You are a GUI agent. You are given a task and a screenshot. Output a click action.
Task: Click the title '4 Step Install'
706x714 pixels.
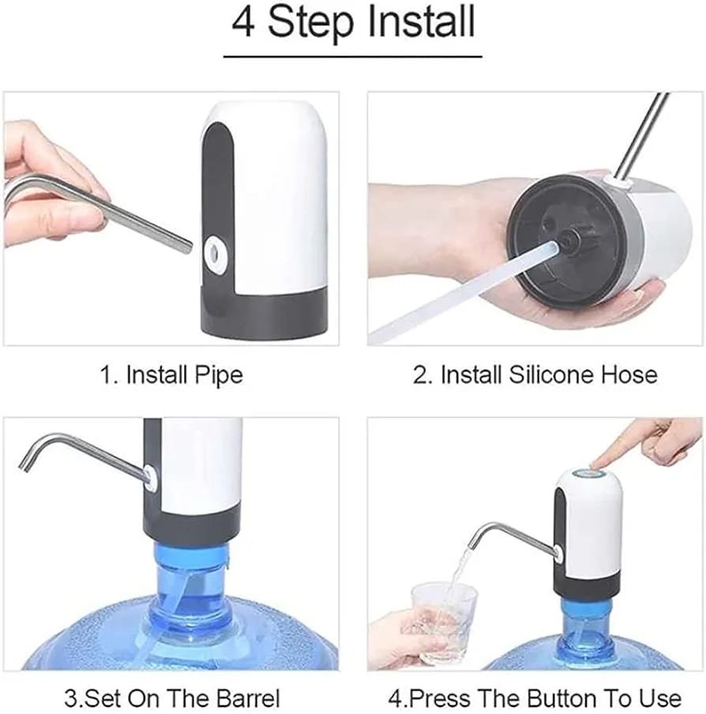[353, 23]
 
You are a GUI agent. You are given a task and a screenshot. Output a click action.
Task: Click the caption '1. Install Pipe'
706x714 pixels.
[171, 374]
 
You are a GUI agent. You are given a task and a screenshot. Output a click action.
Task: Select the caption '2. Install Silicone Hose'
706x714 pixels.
[535, 374]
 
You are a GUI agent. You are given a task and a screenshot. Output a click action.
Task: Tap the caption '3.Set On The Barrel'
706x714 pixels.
[171, 698]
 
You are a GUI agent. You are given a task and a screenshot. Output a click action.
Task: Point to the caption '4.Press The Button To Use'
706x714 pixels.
[535, 698]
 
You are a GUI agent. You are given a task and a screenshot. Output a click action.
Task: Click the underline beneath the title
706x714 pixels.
[353, 56]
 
